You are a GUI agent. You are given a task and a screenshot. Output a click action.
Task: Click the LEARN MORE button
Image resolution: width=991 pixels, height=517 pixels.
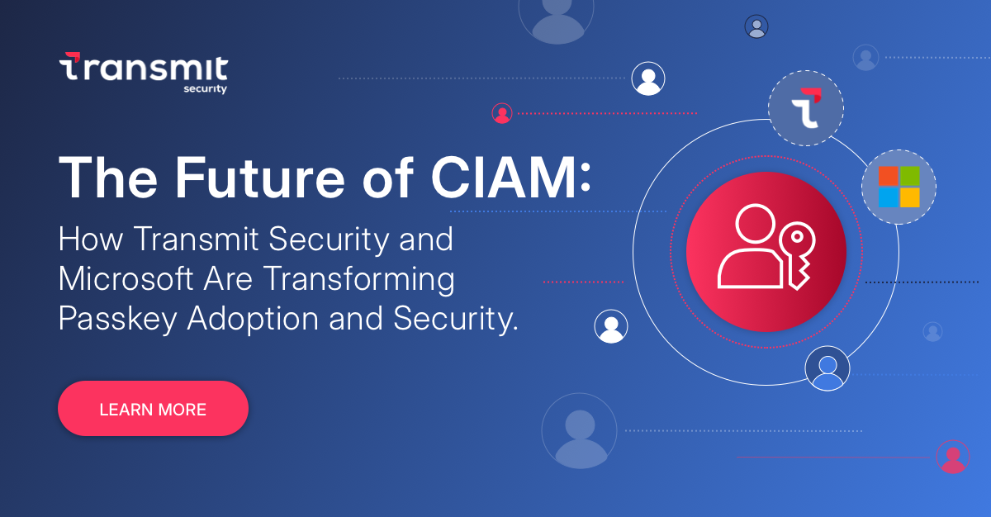tap(153, 409)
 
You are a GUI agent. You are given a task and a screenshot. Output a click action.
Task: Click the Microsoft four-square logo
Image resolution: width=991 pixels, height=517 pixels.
tap(899, 187)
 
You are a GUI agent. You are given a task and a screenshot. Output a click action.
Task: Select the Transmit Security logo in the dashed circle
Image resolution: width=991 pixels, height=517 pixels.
tap(806, 108)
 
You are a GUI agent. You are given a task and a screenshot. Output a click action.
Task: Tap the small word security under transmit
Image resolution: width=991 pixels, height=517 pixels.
tap(205, 89)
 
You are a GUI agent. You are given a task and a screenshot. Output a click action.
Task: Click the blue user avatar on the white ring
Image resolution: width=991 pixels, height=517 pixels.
tap(827, 368)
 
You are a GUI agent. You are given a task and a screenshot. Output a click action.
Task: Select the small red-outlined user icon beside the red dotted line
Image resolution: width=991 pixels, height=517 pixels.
tap(502, 113)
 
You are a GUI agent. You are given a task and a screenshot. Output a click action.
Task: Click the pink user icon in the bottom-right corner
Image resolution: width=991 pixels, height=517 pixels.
tap(953, 457)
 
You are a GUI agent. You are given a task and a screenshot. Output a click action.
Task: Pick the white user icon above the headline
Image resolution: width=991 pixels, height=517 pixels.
tap(648, 79)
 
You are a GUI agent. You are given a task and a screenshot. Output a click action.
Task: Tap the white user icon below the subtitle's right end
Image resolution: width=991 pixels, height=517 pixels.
tap(611, 327)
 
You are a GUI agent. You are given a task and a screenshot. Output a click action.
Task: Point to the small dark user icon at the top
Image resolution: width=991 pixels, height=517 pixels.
tap(756, 27)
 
